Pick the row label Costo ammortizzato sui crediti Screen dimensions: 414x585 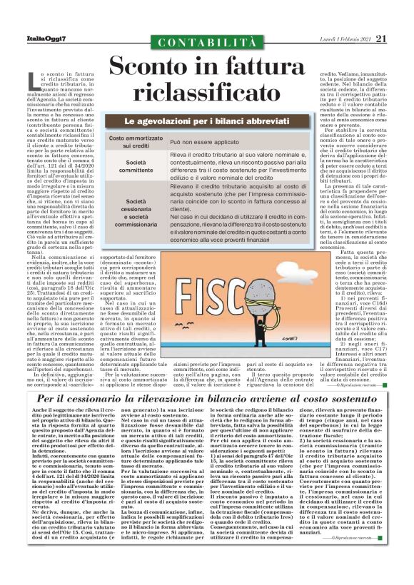[x=146, y=141]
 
